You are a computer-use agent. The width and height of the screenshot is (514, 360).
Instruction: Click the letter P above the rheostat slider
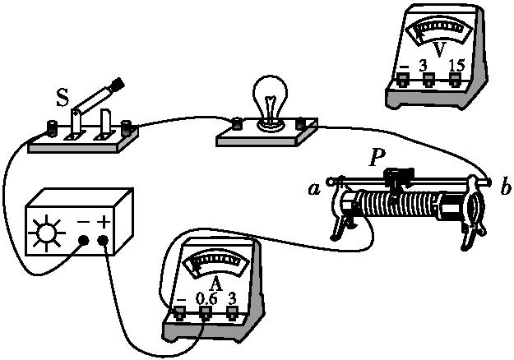[376, 158]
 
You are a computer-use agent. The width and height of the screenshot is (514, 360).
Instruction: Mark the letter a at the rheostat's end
[313, 189]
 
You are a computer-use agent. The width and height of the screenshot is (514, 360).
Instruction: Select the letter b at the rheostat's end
[505, 187]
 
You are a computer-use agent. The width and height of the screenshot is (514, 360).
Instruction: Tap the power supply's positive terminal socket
[104, 241]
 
